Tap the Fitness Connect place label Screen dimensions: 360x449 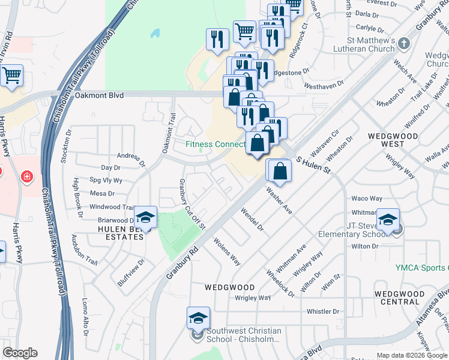tap(215, 144)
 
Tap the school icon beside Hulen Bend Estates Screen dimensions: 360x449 tap(145, 217)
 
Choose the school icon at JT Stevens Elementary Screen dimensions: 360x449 tap(388, 220)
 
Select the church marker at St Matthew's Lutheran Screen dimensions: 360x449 tap(403, 44)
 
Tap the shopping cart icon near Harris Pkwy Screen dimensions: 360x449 tap(11, 76)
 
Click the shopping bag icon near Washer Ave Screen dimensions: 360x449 tap(280, 170)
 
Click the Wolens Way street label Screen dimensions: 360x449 tap(228, 252)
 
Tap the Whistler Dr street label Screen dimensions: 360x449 tap(323, 311)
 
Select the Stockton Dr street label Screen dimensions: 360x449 tap(66, 144)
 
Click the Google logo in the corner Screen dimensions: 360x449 tap(20, 353)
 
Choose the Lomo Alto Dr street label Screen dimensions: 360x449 tap(85, 317)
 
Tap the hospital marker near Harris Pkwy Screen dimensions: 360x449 tap(26, 176)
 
